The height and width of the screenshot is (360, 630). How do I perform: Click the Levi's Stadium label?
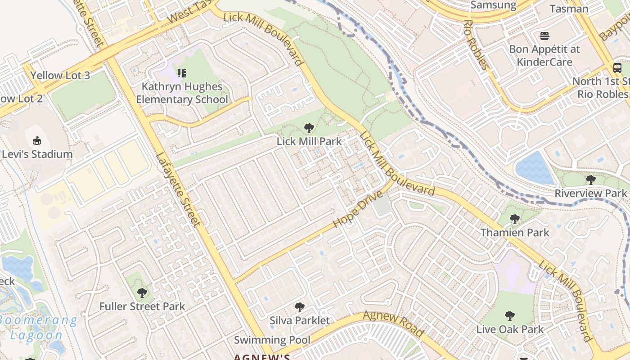click(x=37, y=154)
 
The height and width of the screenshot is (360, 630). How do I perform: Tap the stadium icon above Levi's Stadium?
click(x=37, y=141)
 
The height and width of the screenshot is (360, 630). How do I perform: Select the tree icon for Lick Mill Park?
click(x=309, y=129)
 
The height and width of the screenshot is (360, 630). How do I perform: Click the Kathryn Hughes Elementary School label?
click(x=182, y=93)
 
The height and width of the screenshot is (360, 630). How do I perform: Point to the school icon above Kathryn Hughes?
click(x=182, y=73)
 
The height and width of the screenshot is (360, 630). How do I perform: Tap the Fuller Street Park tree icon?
click(x=142, y=293)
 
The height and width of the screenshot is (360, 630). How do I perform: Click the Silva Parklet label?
click(x=300, y=320)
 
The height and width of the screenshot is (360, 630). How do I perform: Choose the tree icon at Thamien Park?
click(x=515, y=219)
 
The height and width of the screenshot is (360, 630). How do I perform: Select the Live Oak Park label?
click(x=510, y=329)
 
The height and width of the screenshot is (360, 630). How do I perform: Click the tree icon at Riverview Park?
click(x=590, y=180)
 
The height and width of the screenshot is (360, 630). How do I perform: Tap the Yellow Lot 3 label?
click(x=60, y=75)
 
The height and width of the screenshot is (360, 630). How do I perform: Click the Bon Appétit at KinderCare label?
click(x=544, y=55)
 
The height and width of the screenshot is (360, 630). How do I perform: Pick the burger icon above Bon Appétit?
click(x=544, y=36)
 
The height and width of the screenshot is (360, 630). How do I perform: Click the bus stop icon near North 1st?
click(x=617, y=68)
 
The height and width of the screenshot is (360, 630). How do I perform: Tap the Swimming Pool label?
click(x=272, y=340)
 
